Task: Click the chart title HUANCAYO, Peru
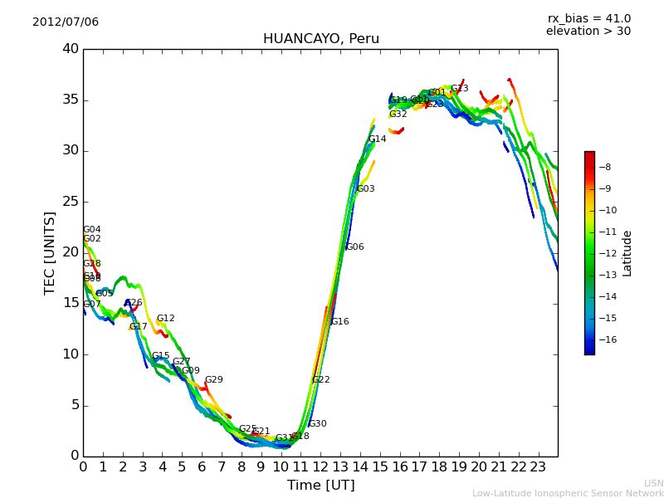coord(320,39)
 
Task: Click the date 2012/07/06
coord(66,22)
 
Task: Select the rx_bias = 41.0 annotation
coord(588,19)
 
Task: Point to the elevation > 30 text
coord(588,32)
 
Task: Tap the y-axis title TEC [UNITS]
coord(51,252)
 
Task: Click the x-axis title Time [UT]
coord(320,486)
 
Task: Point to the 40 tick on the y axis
coord(71,49)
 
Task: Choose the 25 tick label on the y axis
coord(71,202)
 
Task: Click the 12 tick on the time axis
coord(320,466)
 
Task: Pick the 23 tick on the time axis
coord(538,466)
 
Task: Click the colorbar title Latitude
coord(627,253)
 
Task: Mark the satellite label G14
coord(378,139)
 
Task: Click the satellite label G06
coord(355,247)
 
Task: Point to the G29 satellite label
coord(214,380)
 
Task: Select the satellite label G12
coord(166,319)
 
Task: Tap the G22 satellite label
coord(321,380)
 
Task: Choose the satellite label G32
coord(398,115)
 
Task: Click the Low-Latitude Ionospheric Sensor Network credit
coord(568,493)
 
